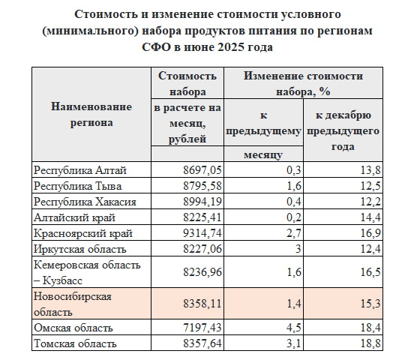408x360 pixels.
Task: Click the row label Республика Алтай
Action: (73, 169)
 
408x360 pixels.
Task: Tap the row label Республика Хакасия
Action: (79, 201)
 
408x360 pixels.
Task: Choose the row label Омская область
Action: (73, 328)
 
